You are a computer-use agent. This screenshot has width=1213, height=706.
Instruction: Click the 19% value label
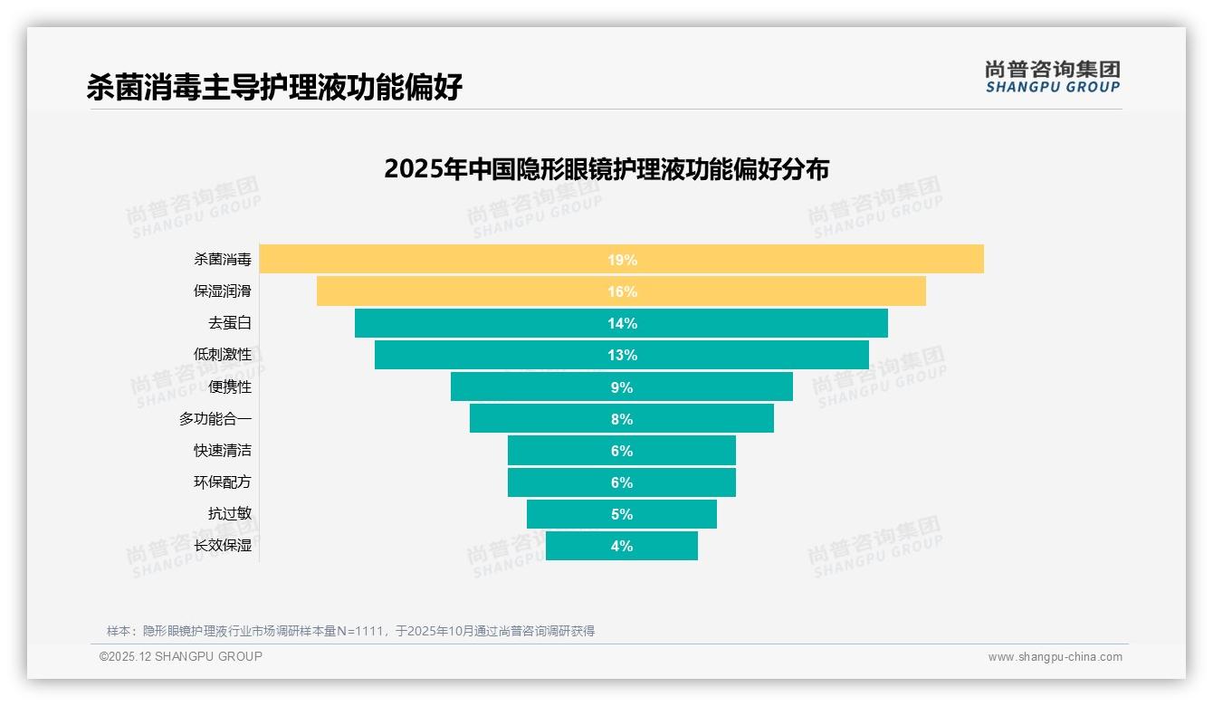coord(622,260)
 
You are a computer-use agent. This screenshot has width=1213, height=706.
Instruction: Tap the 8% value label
coord(622,419)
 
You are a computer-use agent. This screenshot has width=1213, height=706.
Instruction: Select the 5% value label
coord(622,514)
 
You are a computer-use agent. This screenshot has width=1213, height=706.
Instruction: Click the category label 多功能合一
coord(215,419)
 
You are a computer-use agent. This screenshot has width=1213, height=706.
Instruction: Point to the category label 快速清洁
coord(223,451)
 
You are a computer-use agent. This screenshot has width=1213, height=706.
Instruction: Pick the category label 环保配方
coord(223,482)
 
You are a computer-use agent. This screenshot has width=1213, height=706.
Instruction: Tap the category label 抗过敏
coord(230,514)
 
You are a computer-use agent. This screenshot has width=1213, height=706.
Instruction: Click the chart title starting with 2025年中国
coord(606,169)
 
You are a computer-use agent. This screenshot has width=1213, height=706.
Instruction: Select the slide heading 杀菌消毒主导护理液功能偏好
coord(274,87)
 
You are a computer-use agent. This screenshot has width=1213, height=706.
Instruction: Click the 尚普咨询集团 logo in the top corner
coord(1052,76)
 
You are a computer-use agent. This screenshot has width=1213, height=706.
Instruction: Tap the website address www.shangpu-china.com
coord(1055,657)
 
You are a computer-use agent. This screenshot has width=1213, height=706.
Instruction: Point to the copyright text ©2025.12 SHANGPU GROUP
coord(181,656)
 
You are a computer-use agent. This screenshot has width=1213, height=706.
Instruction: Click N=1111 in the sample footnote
coord(361,631)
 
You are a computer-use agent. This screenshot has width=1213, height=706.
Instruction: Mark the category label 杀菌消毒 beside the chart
coord(223,260)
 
